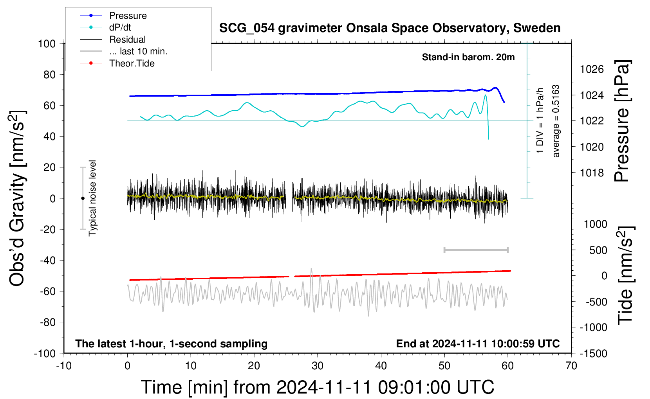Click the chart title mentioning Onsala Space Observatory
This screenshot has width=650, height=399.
pos(390,28)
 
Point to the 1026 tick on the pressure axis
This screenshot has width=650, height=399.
pos(592,69)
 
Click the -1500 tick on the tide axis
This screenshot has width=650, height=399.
pos(593,354)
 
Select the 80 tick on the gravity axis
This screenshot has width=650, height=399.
pos(49,75)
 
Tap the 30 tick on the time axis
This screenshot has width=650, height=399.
pos(318,366)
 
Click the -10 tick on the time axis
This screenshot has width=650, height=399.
pos(64,366)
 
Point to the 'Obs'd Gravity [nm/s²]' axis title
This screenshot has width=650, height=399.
pos(17,198)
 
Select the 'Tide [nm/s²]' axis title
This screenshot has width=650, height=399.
pos(626,276)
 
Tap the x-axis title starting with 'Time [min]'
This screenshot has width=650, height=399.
pos(318,387)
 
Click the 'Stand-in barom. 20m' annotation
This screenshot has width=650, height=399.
pos(468,57)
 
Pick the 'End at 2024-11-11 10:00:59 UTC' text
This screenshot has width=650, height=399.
pos(478,343)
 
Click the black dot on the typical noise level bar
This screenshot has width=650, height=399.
pos(83,198)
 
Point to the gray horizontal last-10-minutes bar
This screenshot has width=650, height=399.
pos(476,250)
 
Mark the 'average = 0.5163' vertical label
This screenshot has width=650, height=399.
pos(556,121)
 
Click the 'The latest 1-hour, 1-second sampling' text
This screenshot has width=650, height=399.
pos(171,343)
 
